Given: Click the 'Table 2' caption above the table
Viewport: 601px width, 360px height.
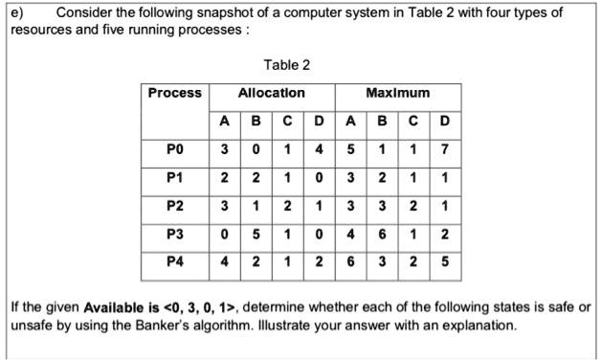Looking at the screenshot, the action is pos(286,65).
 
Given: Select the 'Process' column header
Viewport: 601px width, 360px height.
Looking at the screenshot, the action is pos(175,93).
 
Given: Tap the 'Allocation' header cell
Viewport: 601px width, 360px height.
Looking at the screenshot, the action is pos(271,93).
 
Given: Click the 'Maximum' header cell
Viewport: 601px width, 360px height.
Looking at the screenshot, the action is pos(398,93).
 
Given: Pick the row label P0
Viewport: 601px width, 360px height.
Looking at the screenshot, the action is pos(175,148).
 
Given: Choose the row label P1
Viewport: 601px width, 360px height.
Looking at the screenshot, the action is pos(175,177).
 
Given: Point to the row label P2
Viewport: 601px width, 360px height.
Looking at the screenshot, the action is pos(175,205).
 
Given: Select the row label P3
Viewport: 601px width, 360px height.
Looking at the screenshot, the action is pos(175,234).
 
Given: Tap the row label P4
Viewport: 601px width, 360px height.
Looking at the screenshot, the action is pos(175,261).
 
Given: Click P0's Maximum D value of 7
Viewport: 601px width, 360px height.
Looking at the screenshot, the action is pos(446,148).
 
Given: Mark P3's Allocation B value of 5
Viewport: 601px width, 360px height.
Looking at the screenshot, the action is pos(256,234).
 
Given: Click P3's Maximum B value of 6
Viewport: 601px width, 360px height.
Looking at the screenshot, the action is pos(382,234).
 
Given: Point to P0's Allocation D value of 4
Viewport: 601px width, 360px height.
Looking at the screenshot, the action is pos(319,148).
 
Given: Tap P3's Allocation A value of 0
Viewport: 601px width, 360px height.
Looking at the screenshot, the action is pos(224,234).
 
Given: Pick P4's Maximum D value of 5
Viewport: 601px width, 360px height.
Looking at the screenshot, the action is pos(446,261).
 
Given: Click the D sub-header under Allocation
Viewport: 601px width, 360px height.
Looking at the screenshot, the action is pos(319,122).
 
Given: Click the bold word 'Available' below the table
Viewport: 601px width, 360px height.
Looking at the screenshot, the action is pos(114,307).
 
